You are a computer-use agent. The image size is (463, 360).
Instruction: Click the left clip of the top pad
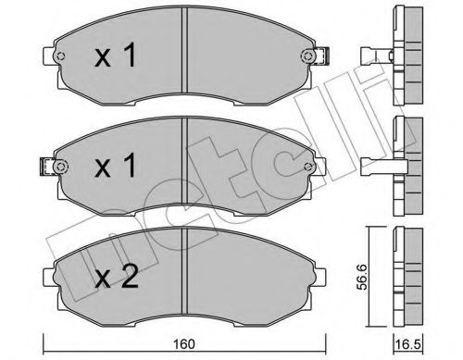(49, 58)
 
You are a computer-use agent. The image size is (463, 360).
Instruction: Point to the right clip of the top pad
(322, 58)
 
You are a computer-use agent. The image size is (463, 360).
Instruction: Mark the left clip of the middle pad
(47, 168)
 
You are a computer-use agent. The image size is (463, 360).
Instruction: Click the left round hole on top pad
(62, 58)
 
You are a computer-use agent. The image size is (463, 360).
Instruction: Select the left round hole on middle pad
(62, 168)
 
